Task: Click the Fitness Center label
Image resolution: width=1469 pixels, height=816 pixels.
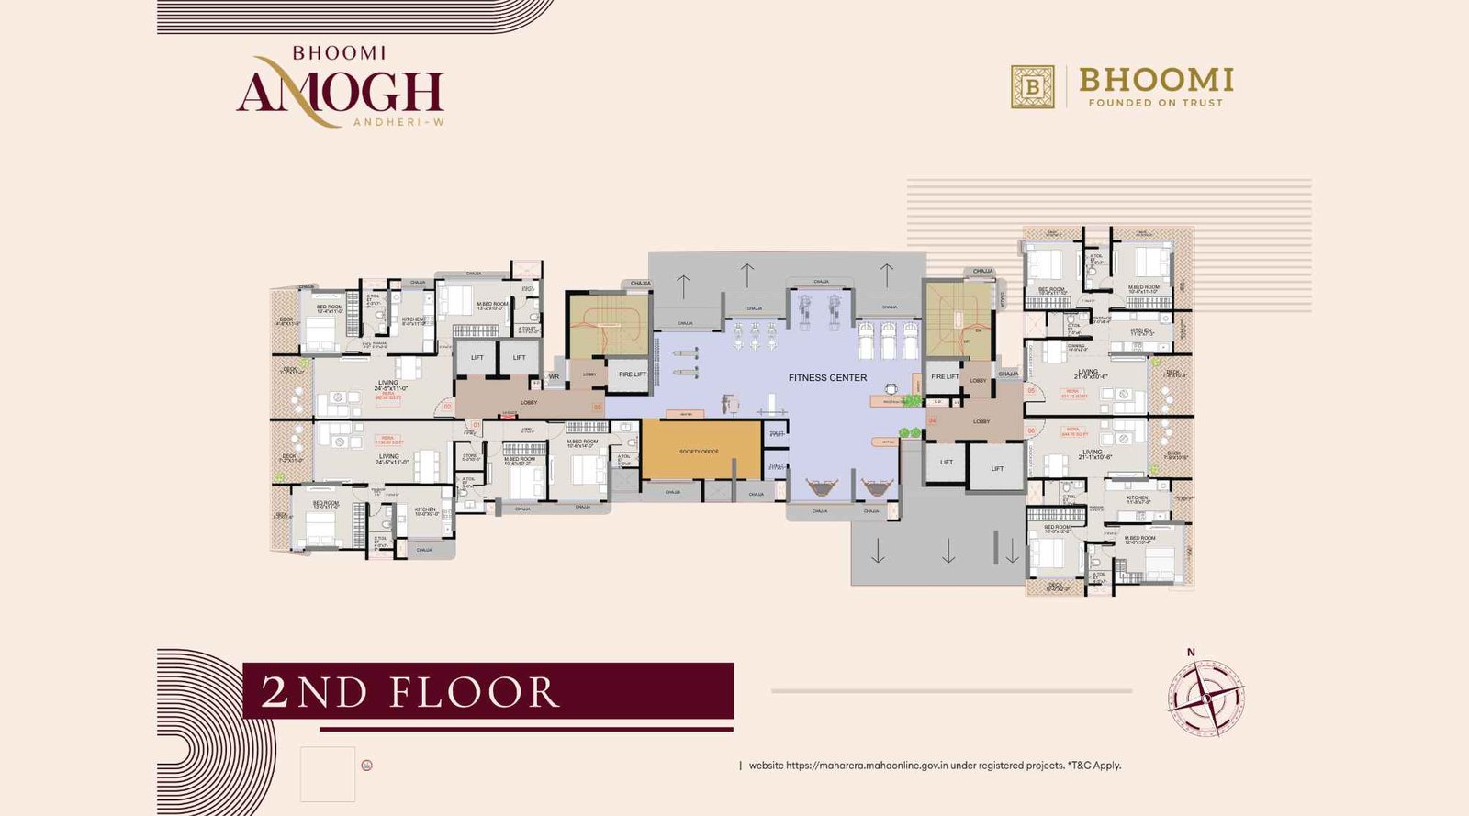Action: click(827, 377)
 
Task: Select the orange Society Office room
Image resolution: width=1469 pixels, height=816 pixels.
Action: click(701, 450)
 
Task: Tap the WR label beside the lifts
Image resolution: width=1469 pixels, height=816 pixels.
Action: click(554, 376)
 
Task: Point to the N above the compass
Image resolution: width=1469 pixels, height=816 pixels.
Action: click(1191, 653)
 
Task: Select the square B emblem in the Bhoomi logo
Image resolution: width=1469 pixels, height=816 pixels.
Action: click(1033, 86)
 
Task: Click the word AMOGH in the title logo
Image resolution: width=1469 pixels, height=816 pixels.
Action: click(340, 92)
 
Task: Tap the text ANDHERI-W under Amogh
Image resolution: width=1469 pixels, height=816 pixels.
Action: click(398, 122)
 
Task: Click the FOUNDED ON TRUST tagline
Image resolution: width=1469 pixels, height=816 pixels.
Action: click(1156, 103)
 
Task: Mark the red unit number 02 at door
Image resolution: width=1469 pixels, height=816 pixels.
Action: click(447, 406)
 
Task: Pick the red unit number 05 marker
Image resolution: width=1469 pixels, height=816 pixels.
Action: click(1031, 391)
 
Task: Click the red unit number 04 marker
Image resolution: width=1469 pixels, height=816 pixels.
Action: click(932, 420)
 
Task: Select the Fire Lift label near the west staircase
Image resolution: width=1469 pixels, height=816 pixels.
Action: click(632, 374)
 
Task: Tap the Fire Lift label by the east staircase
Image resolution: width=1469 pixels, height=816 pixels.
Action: click(944, 376)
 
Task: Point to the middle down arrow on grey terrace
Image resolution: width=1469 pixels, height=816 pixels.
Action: click(948, 551)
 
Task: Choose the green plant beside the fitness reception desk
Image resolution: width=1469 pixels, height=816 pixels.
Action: click(912, 400)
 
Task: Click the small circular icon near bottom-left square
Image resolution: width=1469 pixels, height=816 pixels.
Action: click(367, 765)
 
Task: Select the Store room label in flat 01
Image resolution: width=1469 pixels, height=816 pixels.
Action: click(470, 456)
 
